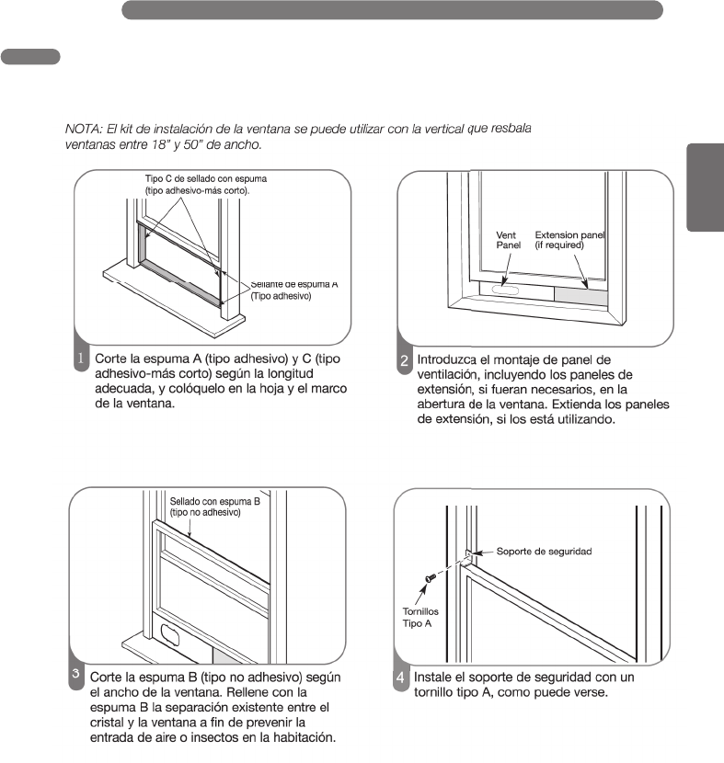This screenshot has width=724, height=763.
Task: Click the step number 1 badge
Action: pyautogui.click(x=81, y=358)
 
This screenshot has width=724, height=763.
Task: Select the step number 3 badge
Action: pyautogui.click(x=78, y=674)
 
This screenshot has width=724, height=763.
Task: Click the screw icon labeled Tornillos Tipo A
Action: pyautogui.click(x=429, y=578)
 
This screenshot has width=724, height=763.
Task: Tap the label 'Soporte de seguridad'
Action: pyautogui.click(x=544, y=552)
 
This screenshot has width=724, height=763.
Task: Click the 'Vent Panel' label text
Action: pyautogui.click(x=509, y=241)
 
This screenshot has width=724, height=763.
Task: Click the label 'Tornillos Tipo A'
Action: pyautogui.click(x=422, y=616)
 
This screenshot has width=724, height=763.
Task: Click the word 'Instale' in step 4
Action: pyautogui.click(x=435, y=677)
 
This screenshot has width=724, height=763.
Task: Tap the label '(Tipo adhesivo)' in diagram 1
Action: pyautogui.click(x=281, y=297)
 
